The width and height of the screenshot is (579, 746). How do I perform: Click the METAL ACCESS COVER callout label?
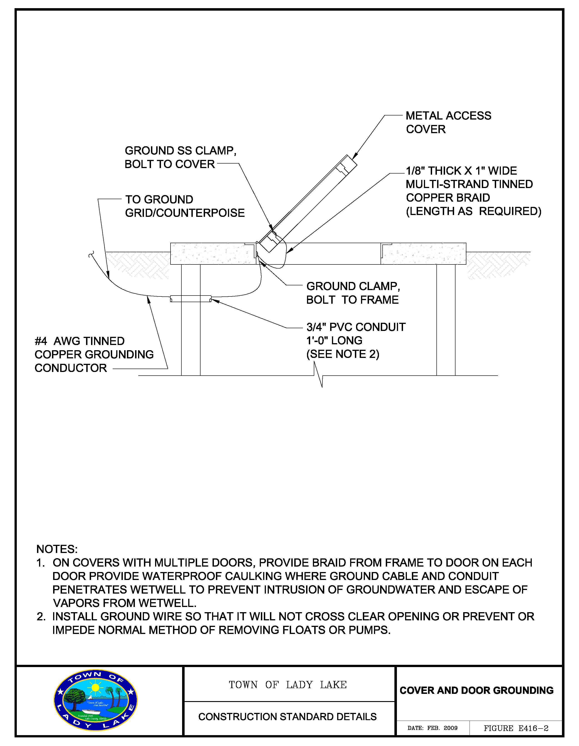pyautogui.click(x=448, y=122)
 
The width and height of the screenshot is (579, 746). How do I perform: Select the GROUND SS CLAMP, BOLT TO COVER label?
pyautogui.click(x=180, y=157)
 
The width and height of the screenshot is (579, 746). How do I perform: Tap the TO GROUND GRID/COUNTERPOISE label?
pyautogui.click(x=185, y=206)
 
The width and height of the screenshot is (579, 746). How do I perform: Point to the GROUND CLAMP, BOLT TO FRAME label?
pyautogui.click(x=353, y=293)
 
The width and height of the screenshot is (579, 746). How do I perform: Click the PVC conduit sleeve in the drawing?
pyautogui.click(x=191, y=299)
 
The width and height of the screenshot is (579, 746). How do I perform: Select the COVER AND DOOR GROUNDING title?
pyautogui.click(x=476, y=690)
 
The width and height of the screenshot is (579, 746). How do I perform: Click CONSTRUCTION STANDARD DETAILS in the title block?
pyautogui.click(x=287, y=717)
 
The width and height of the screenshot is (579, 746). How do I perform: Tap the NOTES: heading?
pyautogui.click(x=57, y=549)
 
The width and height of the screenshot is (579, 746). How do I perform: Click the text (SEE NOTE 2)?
pyautogui.click(x=343, y=354)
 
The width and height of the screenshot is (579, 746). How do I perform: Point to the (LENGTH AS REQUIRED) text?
pyautogui.click(x=473, y=211)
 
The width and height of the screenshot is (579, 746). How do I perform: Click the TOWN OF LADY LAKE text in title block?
pyautogui.click(x=288, y=685)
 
